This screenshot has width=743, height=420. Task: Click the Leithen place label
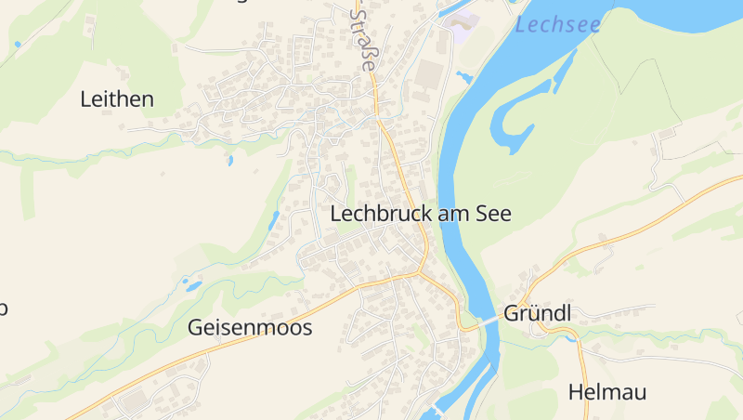pos(117,99)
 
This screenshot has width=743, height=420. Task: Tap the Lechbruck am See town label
pos(421,213)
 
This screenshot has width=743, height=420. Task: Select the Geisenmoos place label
pos(250,327)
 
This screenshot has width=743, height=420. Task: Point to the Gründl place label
pos(537,313)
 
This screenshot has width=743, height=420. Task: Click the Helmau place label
pos(606,391)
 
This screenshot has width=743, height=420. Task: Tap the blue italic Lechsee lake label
pos(557,25)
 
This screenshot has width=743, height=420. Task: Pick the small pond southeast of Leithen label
pos(229,161)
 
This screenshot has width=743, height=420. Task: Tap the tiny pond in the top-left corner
pos(17,44)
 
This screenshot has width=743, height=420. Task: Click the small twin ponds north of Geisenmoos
pos(191,283)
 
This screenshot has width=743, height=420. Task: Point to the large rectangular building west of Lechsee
pos(430,74)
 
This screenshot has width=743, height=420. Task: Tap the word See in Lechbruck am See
pos(493,213)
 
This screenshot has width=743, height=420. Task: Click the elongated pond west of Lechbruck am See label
pos(273,220)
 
